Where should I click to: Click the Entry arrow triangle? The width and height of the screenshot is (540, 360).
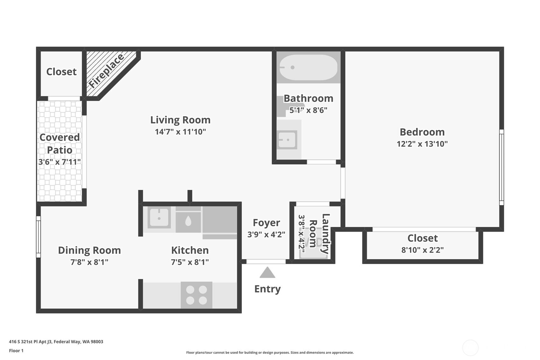[x=267, y=273]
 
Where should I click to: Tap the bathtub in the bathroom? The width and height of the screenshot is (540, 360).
[x=308, y=67]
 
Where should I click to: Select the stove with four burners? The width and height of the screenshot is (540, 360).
[x=196, y=295]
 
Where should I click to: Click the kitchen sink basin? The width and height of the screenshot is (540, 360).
[x=159, y=218]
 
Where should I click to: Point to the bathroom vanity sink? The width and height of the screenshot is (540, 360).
[x=287, y=140]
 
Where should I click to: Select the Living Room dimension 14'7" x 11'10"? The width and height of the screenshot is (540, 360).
[x=180, y=132]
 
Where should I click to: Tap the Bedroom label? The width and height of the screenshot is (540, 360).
[x=422, y=132]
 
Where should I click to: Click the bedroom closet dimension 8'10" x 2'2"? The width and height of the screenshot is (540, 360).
[x=422, y=250]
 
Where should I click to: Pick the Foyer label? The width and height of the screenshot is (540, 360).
[x=266, y=222]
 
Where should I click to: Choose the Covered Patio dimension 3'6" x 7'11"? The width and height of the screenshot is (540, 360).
[x=60, y=162]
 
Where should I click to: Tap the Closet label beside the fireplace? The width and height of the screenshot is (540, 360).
[x=61, y=72]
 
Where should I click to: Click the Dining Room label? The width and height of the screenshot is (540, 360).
[x=89, y=250]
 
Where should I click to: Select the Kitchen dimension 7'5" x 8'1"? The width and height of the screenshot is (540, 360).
[x=190, y=262]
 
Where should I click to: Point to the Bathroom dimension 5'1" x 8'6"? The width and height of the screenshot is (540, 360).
[x=308, y=110]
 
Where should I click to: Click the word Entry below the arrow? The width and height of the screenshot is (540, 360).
[x=267, y=289]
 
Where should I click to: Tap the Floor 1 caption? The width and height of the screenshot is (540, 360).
[x=16, y=350]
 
